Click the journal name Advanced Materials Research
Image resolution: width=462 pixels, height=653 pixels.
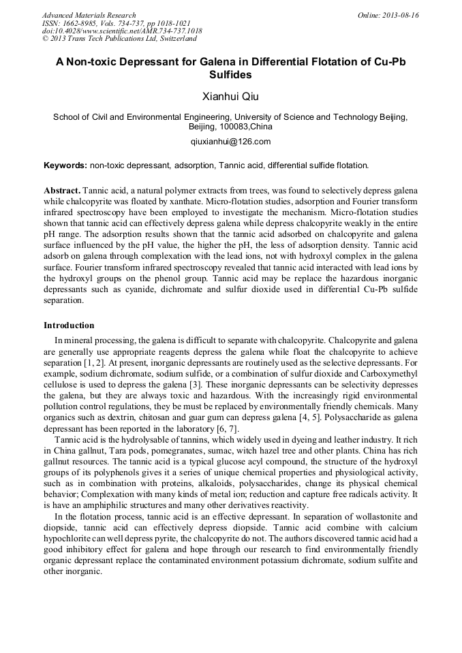click(x=89, y=15)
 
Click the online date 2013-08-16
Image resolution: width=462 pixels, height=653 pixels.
click(x=401, y=15)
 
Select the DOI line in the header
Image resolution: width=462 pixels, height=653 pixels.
click(x=122, y=31)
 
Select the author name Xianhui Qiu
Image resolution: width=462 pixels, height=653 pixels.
click(x=230, y=96)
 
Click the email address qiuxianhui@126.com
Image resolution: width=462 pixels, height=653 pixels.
click(x=230, y=142)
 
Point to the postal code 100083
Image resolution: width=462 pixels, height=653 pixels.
click(x=230, y=127)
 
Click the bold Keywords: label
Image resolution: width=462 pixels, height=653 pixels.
click(x=65, y=165)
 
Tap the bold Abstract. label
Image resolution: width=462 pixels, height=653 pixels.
click(x=62, y=189)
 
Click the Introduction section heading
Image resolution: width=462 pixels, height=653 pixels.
click(x=69, y=325)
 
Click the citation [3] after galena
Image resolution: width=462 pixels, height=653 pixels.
click(x=195, y=385)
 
